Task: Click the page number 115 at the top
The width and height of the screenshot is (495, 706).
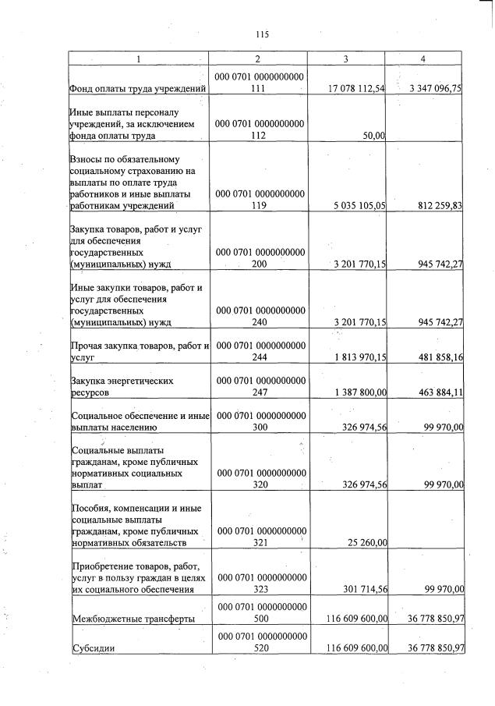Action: tap(261, 34)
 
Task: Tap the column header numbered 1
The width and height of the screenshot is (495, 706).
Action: tap(139, 59)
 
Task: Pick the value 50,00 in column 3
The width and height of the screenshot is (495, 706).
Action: tap(375, 136)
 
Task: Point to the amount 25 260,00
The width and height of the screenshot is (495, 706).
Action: tap(366, 543)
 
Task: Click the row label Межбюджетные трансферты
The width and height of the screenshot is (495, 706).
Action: tap(132, 619)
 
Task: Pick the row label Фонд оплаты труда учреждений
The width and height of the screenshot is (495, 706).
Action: tap(138, 89)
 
